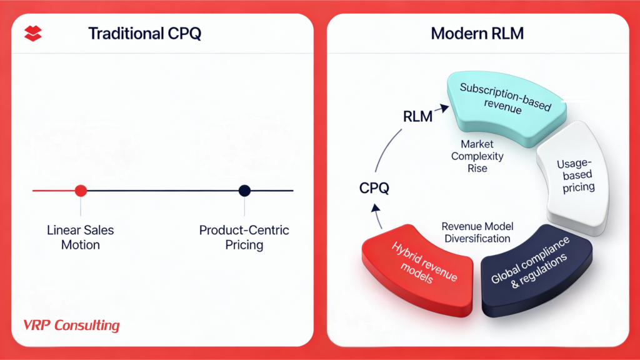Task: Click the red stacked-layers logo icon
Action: (x=32, y=33)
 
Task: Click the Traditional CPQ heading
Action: (x=144, y=33)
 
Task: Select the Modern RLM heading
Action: (x=477, y=33)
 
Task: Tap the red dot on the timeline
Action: (x=81, y=191)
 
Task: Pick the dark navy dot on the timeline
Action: (x=244, y=191)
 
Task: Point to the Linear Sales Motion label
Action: (x=81, y=237)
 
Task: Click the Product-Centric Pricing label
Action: (x=244, y=237)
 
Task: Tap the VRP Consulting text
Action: (x=71, y=326)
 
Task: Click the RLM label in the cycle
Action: (x=417, y=116)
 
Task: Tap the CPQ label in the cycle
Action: (x=376, y=187)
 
